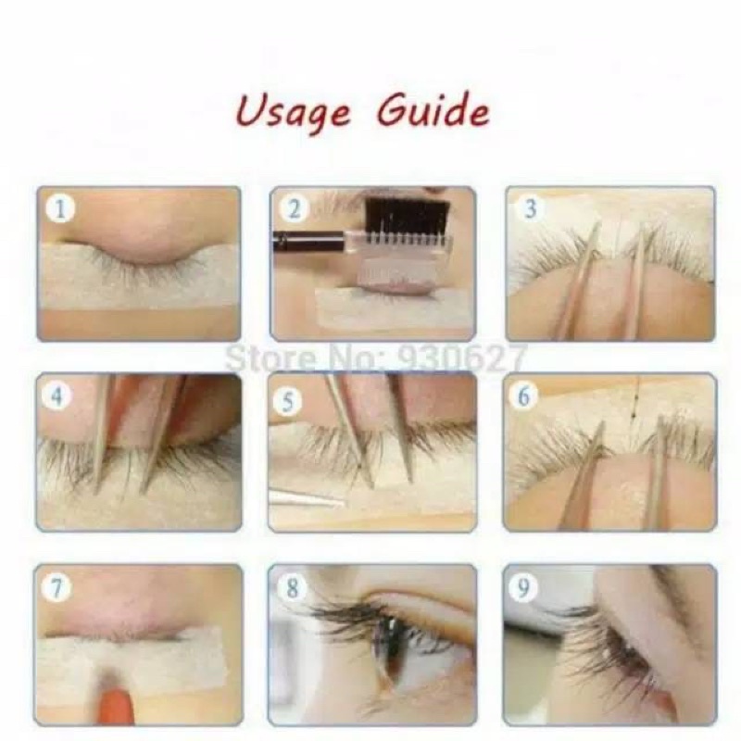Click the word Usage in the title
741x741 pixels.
(293, 112)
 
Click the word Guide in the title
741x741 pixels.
(433, 109)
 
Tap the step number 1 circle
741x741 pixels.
(59, 208)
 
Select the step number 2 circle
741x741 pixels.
(294, 208)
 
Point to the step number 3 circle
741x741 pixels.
(531, 208)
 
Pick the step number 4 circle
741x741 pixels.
(57, 396)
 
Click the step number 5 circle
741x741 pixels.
(288, 401)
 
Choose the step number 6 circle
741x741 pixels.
(523, 396)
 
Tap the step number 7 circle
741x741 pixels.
(57, 589)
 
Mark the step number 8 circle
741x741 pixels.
(293, 589)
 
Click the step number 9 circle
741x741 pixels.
(523, 588)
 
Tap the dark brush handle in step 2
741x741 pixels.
(309, 239)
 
